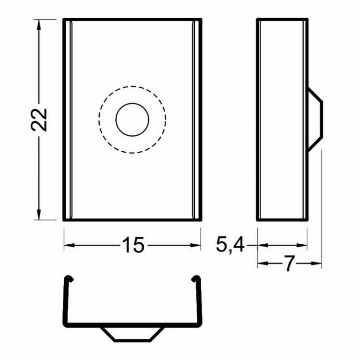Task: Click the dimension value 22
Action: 39,120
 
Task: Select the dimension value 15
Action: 133,245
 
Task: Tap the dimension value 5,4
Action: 230,245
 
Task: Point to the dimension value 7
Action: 289,264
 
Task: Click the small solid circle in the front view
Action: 132,120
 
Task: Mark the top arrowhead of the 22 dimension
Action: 39,25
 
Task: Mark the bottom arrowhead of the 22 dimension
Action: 39,215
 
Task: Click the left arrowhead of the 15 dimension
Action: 69,245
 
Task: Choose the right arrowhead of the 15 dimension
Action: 195,245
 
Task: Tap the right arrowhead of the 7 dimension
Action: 316,264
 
